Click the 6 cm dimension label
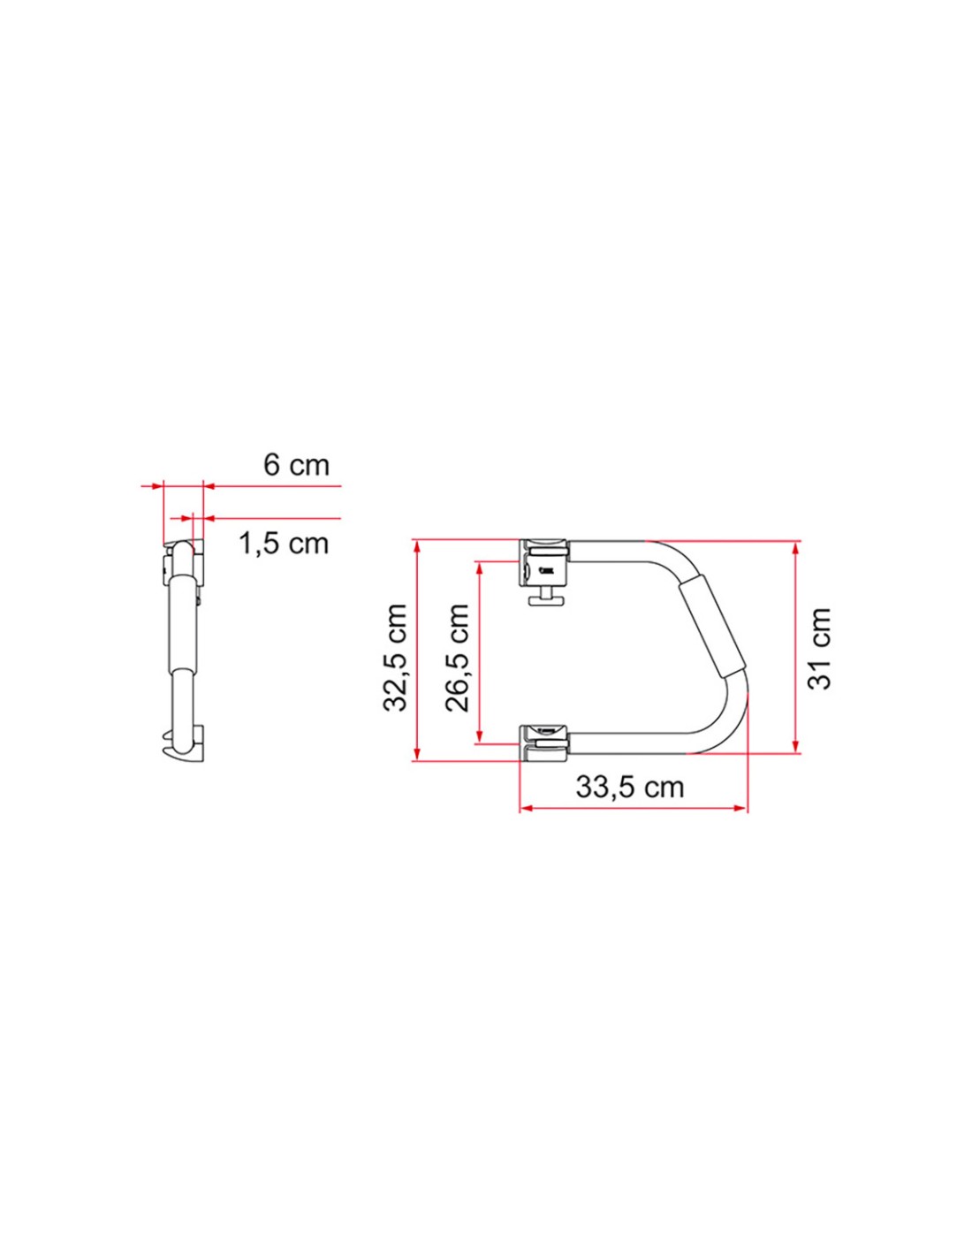pos(296,465)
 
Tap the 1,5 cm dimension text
pos(284,544)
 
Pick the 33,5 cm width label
pos(630,788)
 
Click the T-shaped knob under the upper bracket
pos(544,598)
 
